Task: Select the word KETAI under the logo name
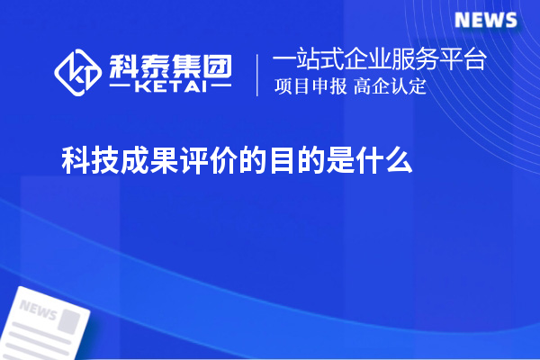(170, 87)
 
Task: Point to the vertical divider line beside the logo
(258, 74)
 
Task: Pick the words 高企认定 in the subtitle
(390, 87)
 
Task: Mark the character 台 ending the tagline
(474, 60)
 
